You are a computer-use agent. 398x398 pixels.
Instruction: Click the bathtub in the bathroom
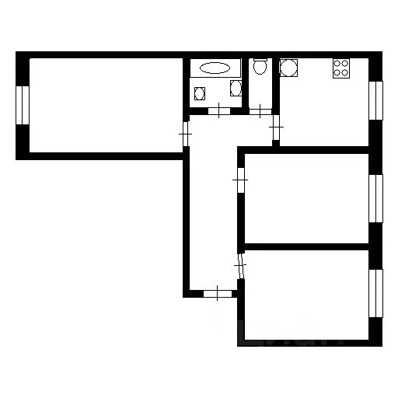(x=215, y=68)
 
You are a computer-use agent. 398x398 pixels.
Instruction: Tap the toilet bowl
(x=260, y=68)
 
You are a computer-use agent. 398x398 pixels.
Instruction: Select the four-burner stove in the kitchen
(x=341, y=68)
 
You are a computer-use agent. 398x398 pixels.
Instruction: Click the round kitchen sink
(x=288, y=68)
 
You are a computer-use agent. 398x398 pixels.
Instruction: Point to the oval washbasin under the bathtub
(x=200, y=94)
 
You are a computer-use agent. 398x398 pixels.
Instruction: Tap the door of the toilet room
(x=259, y=110)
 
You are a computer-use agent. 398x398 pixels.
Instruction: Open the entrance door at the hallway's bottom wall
(x=218, y=293)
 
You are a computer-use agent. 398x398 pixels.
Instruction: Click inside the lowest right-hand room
(x=307, y=295)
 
